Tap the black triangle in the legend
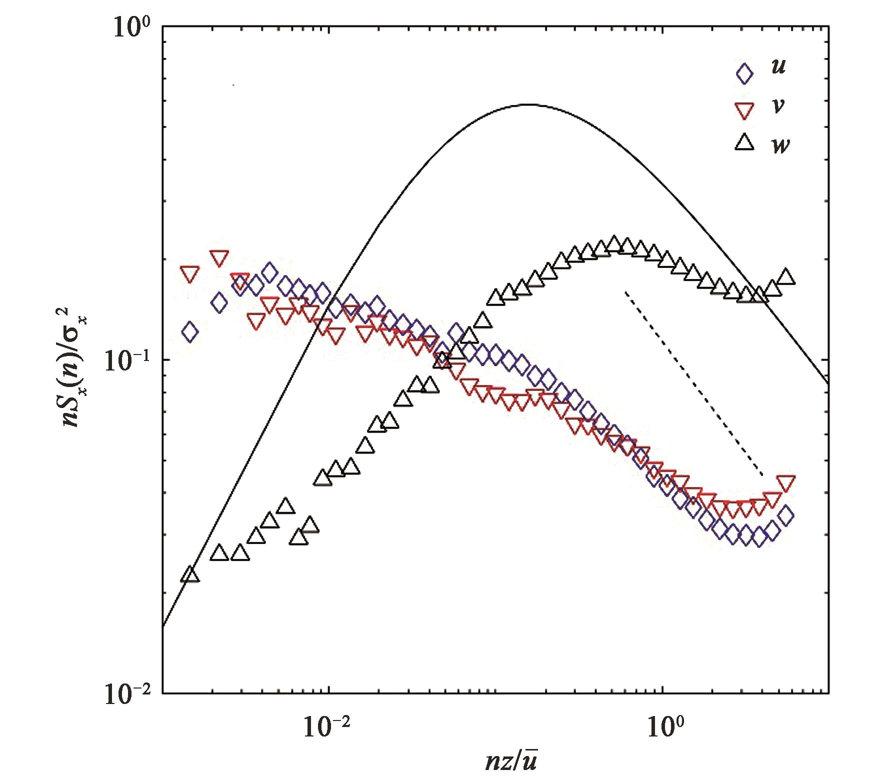[x=745, y=144]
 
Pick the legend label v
[x=777, y=106]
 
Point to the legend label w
[x=779, y=145]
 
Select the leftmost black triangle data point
[x=190, y=574]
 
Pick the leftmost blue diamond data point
[x=189, y=331]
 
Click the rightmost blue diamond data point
[x=785, y=515]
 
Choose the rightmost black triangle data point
[x=786, y=276]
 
